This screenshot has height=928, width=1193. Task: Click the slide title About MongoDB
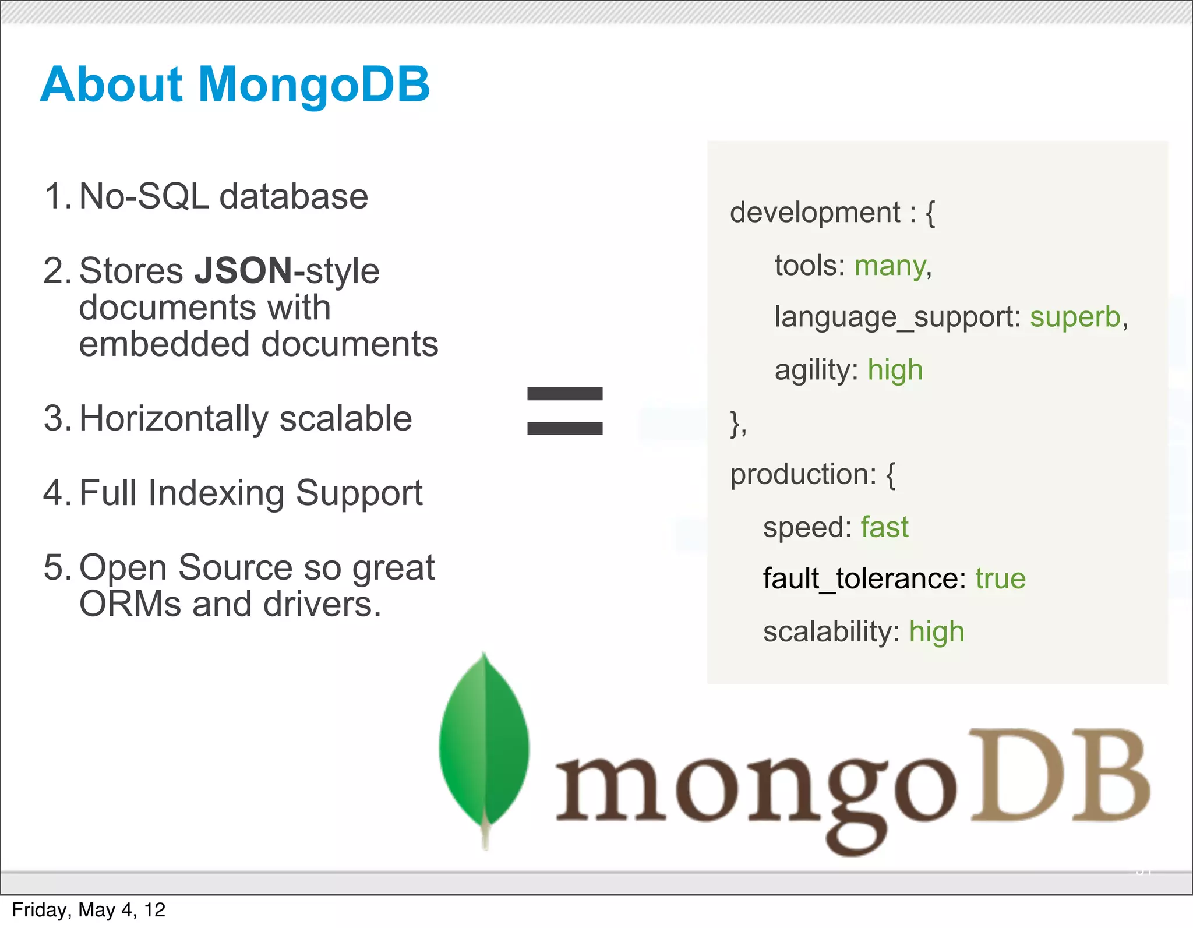(x=235, y=84)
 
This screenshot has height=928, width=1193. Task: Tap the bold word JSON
(x=243, y=271)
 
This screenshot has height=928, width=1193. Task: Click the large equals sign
(x=564, y=411)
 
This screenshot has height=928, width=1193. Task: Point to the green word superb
(x=1075, y=317)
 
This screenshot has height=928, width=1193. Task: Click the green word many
(x=890, y=266)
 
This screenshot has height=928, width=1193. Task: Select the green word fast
(x=884, y=527)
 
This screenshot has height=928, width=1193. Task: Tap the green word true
(x=1000, y=579)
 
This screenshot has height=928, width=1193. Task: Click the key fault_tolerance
(x=860, y=579)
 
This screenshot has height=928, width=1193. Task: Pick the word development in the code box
(x=815, y=213)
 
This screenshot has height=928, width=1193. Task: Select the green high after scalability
(x=937, y=632)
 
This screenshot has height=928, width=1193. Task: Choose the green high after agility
(x=895, y=371)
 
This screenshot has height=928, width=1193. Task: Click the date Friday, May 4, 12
(x=89, y=910)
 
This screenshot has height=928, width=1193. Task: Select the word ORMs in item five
(x=130, y=605)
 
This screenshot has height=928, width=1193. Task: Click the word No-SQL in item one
(x=143, y=196)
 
